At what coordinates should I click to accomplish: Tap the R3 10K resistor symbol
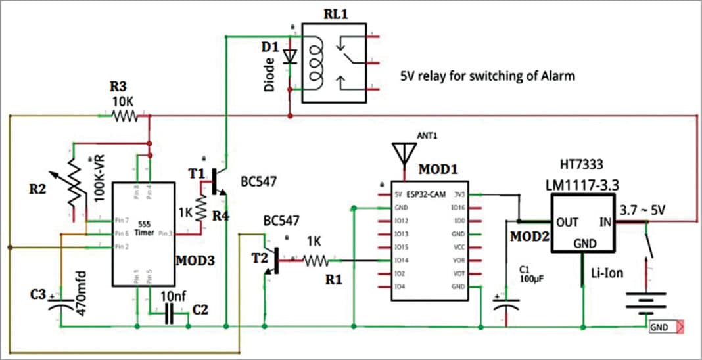point(125,116)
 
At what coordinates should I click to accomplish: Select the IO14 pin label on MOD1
point(402,260)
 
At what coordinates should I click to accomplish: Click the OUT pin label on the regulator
point(566,221)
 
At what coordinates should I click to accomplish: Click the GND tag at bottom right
point(659,326)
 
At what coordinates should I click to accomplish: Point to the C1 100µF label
point(528,274)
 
